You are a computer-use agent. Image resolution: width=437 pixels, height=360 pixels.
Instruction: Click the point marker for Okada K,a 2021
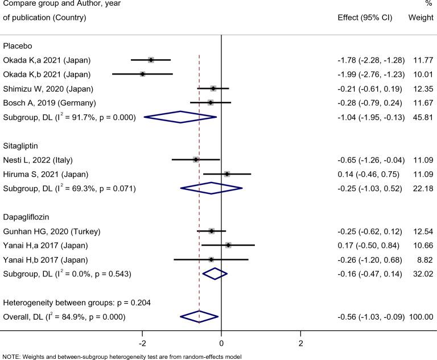click(x=151, y=60)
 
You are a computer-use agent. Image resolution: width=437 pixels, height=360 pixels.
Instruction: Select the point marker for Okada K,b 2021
click(x=142, y=74)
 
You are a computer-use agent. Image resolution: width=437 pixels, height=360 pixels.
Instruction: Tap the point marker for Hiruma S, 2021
click(x=227, y=173)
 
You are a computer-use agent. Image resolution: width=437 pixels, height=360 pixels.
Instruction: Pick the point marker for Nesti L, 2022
click(x=196, y=159)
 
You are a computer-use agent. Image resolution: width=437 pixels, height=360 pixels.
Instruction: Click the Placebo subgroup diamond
click(x=180, y=117)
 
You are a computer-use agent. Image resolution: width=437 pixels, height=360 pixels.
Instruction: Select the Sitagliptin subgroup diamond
click(x=211, y=188)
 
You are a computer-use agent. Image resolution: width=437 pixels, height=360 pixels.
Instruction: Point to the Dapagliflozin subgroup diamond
click(x=215, y=274)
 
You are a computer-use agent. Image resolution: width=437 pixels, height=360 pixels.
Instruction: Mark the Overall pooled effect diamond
click(x=199, y=316)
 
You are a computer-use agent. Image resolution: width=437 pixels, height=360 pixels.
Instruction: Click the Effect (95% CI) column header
click(x=365, y=17)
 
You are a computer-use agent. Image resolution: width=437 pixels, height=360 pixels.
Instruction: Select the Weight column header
click(x=420, y=17)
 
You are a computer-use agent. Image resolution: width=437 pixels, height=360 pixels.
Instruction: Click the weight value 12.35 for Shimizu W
click(x=422, y=89)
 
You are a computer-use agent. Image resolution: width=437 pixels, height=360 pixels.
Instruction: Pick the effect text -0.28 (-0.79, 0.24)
click(x=368, y=103)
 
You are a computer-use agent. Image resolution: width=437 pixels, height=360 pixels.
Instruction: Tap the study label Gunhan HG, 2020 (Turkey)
click(x=52, y=231)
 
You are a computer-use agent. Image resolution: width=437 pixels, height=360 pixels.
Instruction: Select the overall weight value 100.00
click(x=419, y=316)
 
